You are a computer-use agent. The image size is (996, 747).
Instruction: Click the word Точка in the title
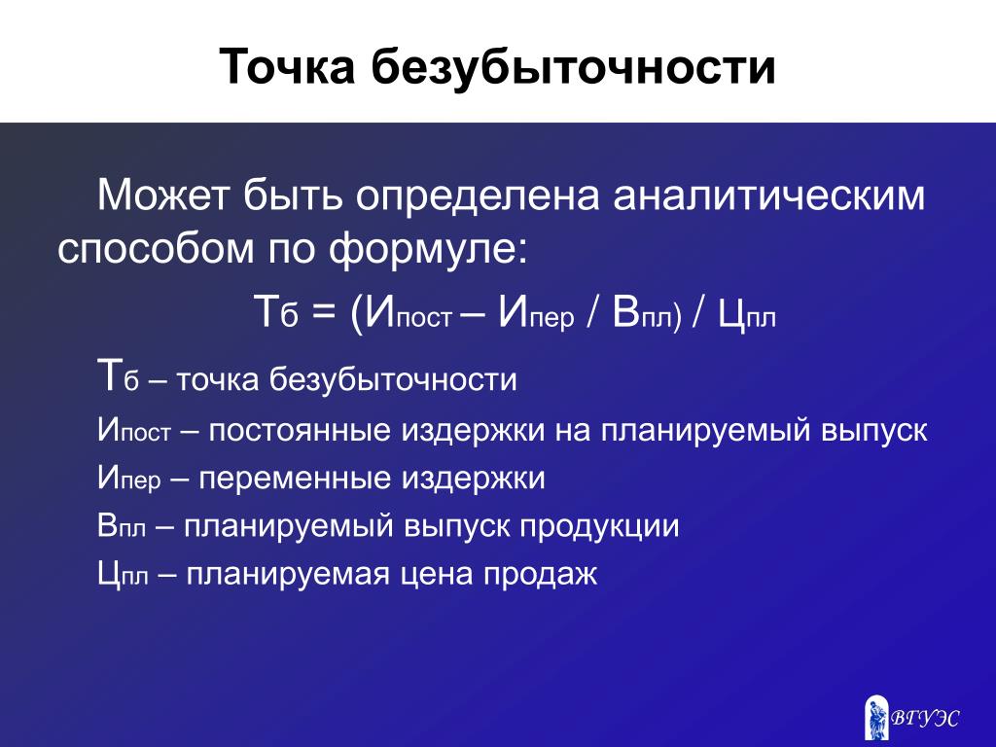(287, 66)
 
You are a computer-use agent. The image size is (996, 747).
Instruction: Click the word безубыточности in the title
(573, 65)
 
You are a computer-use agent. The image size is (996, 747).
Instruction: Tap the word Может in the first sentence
(162, 195)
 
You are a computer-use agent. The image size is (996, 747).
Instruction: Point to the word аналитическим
(769, 195)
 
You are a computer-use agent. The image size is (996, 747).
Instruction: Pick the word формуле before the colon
(424, 248)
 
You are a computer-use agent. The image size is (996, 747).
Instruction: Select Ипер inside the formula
(536, 312)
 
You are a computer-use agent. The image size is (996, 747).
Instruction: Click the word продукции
(599, 527)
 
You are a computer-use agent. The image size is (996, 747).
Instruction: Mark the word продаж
(541, 574)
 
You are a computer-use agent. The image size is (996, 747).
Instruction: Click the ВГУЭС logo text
(925, 719)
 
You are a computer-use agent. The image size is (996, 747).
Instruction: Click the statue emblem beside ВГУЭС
(876, 718)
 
